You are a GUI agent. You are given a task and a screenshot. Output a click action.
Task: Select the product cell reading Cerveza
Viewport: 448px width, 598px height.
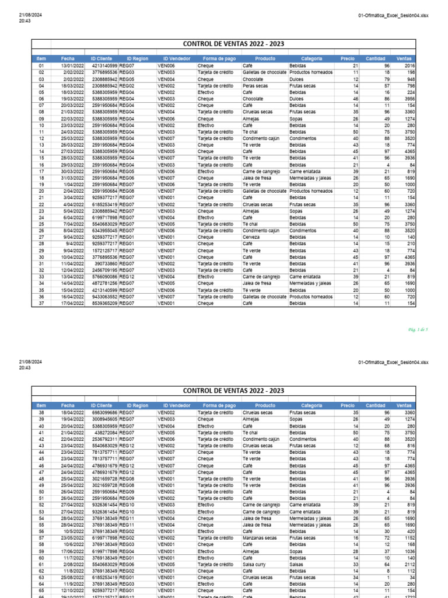253,238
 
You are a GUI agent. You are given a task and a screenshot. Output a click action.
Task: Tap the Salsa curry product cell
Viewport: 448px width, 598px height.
256,565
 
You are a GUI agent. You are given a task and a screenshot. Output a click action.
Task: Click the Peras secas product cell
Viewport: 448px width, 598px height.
256,85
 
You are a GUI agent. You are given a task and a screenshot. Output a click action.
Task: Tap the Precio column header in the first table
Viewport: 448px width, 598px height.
347,58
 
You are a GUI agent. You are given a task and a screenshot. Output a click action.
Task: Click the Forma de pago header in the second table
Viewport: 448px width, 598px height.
219,405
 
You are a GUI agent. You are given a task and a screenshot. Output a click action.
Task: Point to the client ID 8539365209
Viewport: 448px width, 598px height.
105,303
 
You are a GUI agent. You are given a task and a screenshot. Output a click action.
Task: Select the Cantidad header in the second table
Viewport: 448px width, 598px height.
375,405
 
